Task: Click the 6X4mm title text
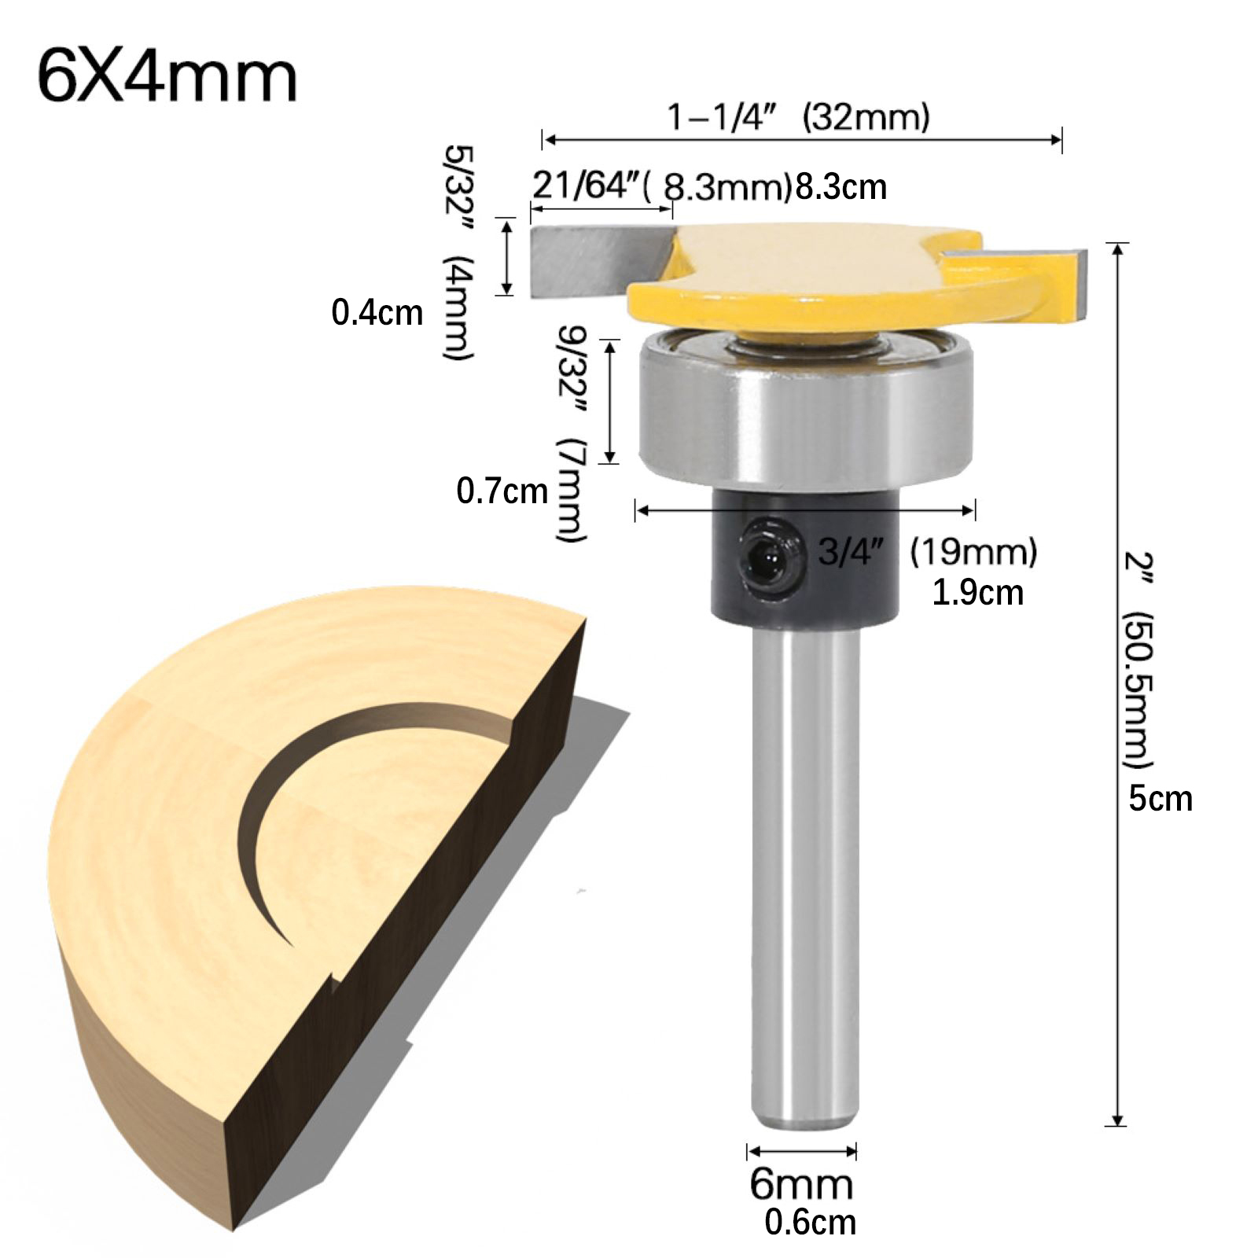click(x=167, y=78)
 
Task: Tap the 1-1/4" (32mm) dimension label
click(x=799, y=117)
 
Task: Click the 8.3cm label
click(x=841, y=187)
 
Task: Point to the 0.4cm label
click(x=377, y=313)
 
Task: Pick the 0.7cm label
click(x=502, y=491)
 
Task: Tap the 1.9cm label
click(x=977, y=592)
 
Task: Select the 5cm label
click(x=1161, y=799)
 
